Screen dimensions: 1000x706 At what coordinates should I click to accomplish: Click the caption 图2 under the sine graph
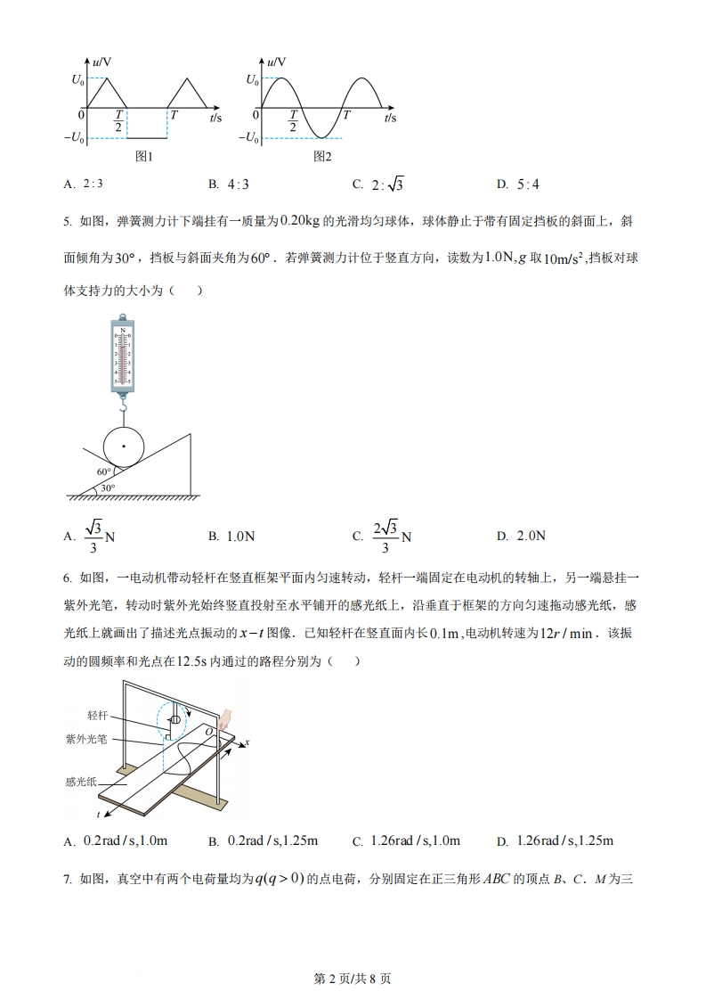pyautogui.click(x=323, y=157)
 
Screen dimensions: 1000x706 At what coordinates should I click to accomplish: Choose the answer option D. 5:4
pyautogui.click(x=519, y=184)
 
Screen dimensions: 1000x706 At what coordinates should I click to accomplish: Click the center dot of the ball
pyautogui.click(x=125, y=445)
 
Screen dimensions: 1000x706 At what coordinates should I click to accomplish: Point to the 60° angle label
pyautogui.click(x=104, y=471)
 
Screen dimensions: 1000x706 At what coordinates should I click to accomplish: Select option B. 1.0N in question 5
pyautogui.click(x=231, y=537)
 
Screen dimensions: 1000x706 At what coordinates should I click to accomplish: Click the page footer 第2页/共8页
pyautogui.click(x=353, y=978)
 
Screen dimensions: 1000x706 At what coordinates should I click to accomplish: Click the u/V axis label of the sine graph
pyautogui.click(x=276, y=62)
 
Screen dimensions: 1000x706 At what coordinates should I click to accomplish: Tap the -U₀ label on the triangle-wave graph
pyautogui.click(x=75, y=138)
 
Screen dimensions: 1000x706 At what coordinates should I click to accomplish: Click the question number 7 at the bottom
pyautogui.click(x=67, y=880)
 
